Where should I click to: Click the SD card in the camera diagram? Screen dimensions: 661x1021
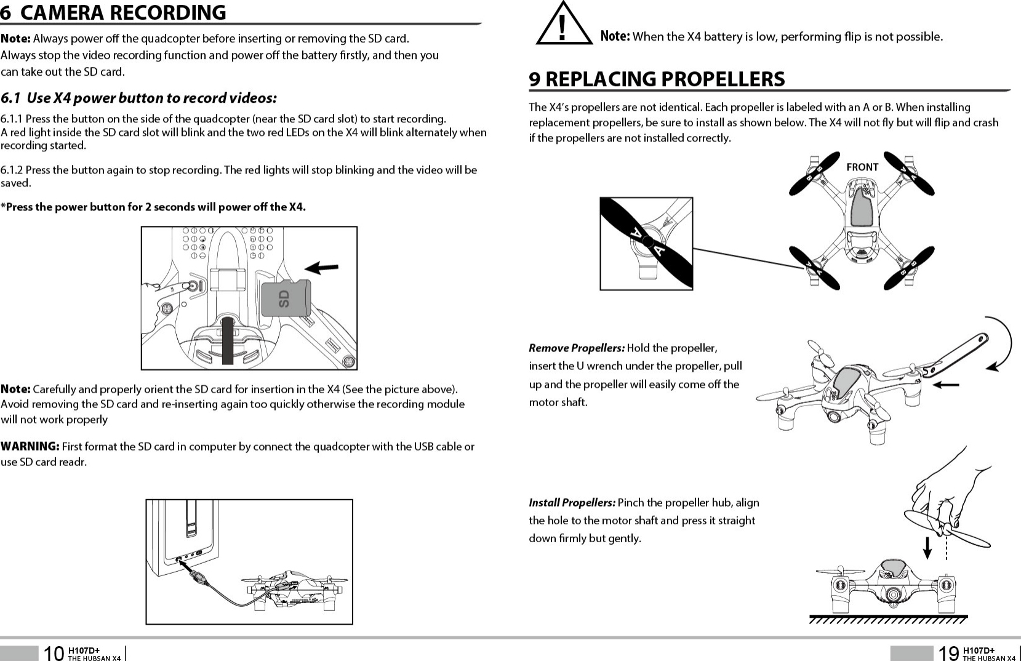[x=286, y=298]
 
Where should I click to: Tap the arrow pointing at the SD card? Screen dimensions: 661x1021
[x=322, y=268]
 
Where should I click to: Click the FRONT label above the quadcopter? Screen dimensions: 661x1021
[x=862, y=167]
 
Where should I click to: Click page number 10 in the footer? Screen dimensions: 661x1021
[x=54, y=653]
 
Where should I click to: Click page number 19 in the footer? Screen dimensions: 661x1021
[x=948, y=653]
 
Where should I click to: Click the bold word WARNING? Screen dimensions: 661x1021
[x=30, y=446]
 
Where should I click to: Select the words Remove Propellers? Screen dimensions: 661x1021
[x=577, y=348]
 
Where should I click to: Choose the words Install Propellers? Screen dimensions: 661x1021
[x=572, y=503]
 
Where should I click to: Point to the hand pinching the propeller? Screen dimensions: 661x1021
[x=948, y=492]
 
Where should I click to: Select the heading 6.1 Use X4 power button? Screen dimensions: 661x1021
[x=139, y=98]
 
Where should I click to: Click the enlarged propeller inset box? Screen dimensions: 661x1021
[x=646, y=243]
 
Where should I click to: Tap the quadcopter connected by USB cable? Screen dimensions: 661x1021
[x=294, y=588]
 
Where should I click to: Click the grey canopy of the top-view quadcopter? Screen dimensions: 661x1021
[x=862, y=206]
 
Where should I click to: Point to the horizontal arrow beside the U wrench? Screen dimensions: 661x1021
[x=946, y=385]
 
